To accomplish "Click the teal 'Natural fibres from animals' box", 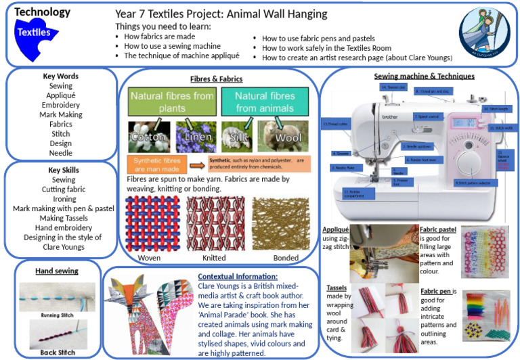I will coord(265,101).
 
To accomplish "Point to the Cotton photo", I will coord(148,135).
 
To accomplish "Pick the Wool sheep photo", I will coord(284,135).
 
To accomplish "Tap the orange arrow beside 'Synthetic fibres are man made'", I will coord(196,164).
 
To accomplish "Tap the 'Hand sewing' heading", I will coord(57,271).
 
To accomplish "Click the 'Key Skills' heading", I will coord(62,170).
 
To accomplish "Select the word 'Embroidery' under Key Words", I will coord(61,106).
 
